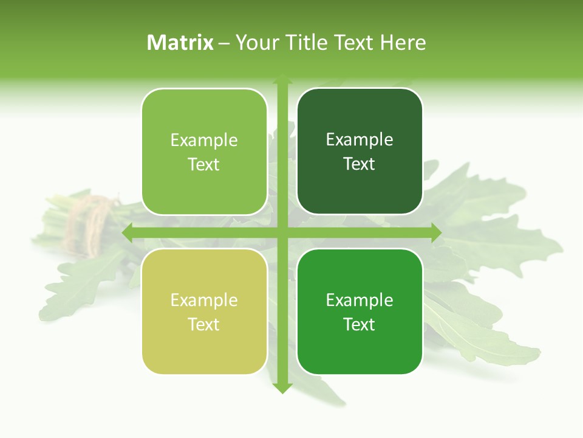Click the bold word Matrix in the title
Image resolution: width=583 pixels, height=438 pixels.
180,43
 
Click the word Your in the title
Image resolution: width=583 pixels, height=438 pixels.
256,43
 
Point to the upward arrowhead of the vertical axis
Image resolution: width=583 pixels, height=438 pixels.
282,80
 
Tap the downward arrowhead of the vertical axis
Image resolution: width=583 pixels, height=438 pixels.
282,388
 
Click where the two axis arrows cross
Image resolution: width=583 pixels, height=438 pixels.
282,233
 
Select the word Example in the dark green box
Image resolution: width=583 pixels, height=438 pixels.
360,140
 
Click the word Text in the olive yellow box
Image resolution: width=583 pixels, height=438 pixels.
204,324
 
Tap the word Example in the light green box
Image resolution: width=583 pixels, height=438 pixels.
204,141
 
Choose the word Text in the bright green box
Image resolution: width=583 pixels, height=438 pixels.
360,324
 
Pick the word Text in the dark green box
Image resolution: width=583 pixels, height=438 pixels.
360,164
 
